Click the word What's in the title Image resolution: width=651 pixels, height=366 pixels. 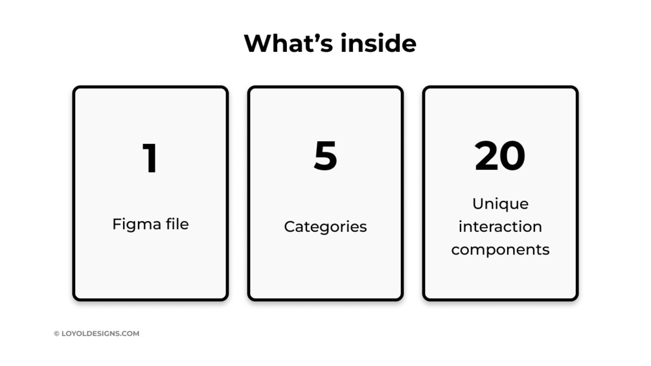pyautogui.click(x=286, y=43)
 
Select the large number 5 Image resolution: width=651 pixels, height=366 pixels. pyautogui.click(x=325, y=156)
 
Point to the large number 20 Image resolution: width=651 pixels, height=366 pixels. pyautogui.click(x=500, y=156)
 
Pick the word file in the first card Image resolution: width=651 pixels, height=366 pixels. pyautogui.click(x=175, y=224)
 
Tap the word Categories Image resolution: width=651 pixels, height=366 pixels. pyautogui.click(x=325, y=227)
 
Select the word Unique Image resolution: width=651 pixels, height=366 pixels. pyautogui.click(x=500, y=204)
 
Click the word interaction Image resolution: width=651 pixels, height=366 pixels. pyautogui.click(x=500, y=227)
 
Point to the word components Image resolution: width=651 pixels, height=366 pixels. pyautogui.click(x=500, y=250)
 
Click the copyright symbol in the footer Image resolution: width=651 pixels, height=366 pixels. pyautogui.click(x=56, y=334)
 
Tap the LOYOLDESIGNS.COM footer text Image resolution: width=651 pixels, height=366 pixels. pyautogui.click(x=100, y=334)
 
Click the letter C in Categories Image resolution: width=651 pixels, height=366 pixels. pyautogui.click(x=289, y=227)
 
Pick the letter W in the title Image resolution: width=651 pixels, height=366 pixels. pyautogui.click(x=258, y=43)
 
